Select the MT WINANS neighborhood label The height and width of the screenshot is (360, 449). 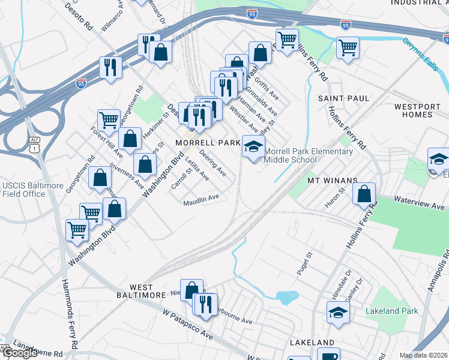pyautogui.click(x=332, y=180)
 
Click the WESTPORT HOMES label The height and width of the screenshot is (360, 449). pyautogui.click(x=421, y=110)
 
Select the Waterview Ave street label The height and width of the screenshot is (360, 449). pyautogui.click(x=420, y=203)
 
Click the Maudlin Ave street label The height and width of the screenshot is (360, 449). pyautogui.click(x=201, y=200)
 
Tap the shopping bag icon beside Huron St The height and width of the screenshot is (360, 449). pyautogui.click(x=363, y=194)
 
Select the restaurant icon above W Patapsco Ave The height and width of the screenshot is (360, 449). pyautogui.click(x=206, y=305)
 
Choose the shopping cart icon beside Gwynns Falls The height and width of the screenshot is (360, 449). pyautogui.click(x=348, y=47)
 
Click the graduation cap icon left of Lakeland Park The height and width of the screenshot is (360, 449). pyautogui.click(x=338, y=313)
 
